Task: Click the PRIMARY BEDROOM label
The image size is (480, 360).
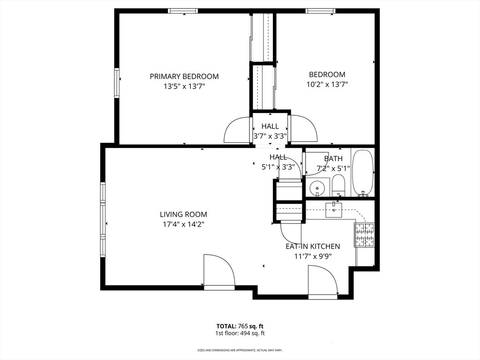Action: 184,76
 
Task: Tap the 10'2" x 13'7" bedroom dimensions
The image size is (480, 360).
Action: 327,84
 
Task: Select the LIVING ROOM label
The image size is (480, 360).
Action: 183,214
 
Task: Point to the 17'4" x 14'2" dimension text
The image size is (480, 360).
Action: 183,225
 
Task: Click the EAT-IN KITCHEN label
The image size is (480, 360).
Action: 313,246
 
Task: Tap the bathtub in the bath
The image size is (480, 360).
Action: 363,173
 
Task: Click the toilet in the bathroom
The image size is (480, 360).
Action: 338,186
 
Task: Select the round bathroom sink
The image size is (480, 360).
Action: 317,187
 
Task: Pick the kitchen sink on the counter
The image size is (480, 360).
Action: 334,210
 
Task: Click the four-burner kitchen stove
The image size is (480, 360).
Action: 364,235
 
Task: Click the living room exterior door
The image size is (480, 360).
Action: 219,270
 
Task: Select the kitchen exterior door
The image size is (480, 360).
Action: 322,281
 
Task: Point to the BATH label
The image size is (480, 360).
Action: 333,158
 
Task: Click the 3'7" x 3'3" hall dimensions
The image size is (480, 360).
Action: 270,136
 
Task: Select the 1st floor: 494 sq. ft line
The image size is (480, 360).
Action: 240,333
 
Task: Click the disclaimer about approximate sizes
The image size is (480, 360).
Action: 240,350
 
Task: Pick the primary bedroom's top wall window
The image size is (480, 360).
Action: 183,11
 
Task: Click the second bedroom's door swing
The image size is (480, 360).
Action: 303,128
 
